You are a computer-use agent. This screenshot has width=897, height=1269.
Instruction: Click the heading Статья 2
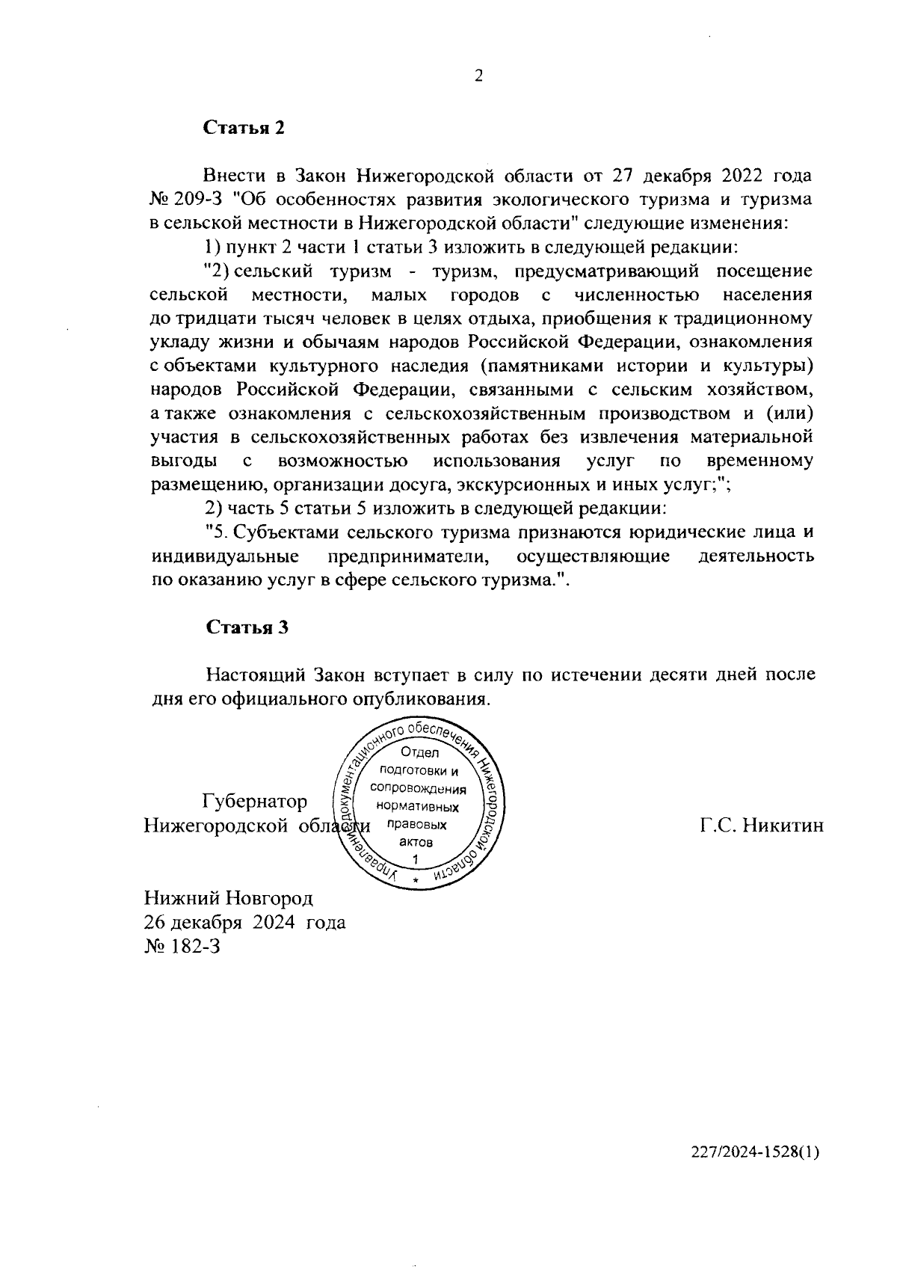pyautogui.click(x=245, y=128)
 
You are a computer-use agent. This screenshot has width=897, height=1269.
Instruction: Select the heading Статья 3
pyautogui.click(x=247, y=627)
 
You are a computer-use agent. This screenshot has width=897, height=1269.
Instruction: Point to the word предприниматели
pyautogui.click(x=408, y=556)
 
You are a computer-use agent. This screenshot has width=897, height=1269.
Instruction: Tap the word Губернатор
pyautogui.click(x=255, y=802)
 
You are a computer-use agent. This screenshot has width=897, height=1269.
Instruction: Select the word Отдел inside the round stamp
pyautogui.click(x=419, y=753)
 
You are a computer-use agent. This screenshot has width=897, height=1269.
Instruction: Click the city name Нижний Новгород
pyautogui.click(x=229, y=897)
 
